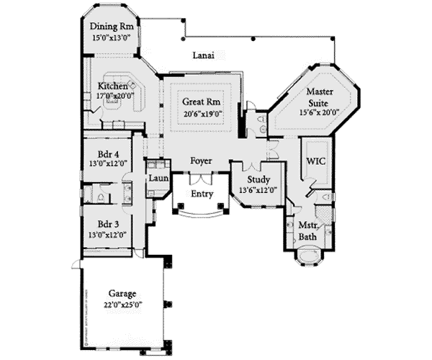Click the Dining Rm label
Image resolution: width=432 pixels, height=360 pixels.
click(110, 27)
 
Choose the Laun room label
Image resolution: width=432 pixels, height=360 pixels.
click(158, 179)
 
